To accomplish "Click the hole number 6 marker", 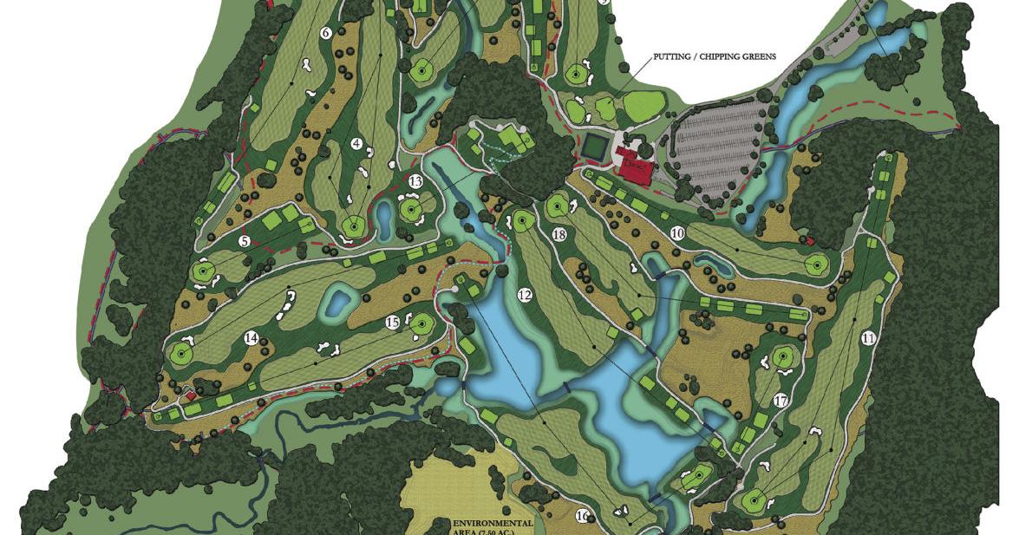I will [326, 34].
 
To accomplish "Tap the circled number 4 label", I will [356, 143].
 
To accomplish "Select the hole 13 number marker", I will [415, 181].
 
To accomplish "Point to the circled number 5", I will [245, 241].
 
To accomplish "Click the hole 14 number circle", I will [251, 338].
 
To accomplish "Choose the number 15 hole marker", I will [392, 323].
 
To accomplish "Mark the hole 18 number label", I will [558, 235].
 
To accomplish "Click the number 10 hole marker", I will [677, 233].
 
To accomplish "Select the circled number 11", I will [868, 339].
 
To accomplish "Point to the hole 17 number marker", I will [781, 401].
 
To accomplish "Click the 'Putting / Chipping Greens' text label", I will [715, 57].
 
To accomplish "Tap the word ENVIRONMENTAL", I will [492, 524].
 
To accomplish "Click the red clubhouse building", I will [637, 166].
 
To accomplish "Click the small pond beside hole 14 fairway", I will [337, 303].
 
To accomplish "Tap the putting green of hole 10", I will [814, 264].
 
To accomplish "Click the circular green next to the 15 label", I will [421, 325].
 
